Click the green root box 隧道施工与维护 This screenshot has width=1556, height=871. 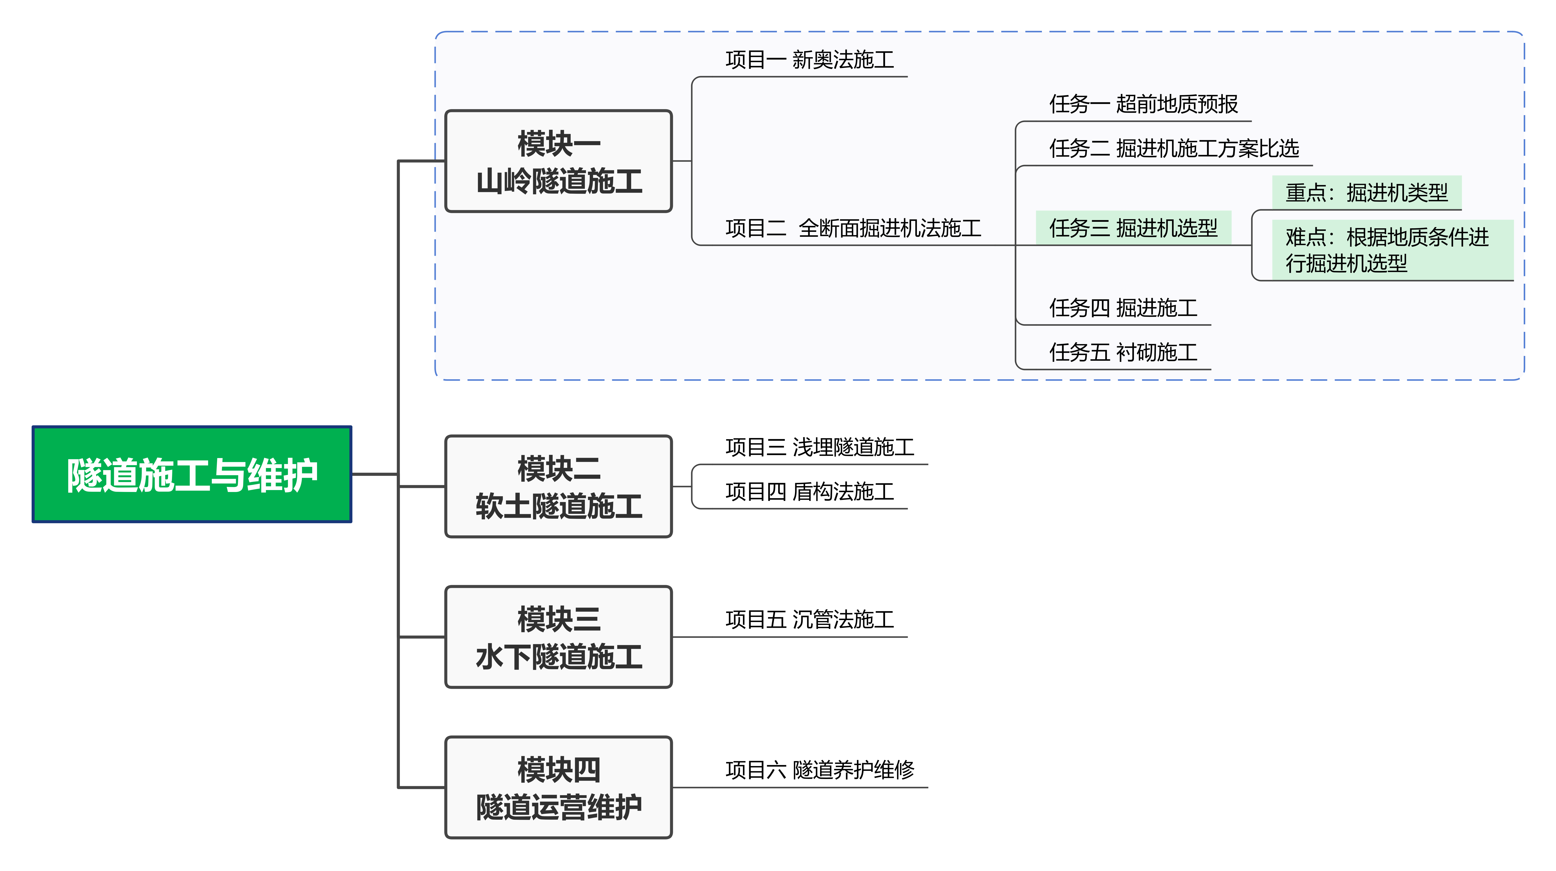click(192, 474)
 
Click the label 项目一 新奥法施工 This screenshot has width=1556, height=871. click(809, 60)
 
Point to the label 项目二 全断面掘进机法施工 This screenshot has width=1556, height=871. click(853, 228)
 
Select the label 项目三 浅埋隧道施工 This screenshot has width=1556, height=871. click(820, 447)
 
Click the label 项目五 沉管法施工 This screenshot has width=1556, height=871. click(809, 619)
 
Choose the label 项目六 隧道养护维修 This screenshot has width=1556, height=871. click(820, 770)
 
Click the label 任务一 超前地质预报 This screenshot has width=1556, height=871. click(1143, 104)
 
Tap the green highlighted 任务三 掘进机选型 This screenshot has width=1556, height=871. click(1133, 228)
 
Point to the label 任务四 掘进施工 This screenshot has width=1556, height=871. click(1123, 308)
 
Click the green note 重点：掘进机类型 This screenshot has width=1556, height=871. click(1366, 193)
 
